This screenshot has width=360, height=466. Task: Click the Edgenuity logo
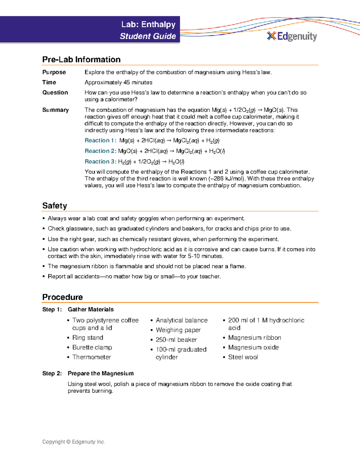tap(292, 36)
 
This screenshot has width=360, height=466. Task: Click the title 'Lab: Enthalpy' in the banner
tap(148, 24)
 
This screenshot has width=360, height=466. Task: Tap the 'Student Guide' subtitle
tap(148, 36)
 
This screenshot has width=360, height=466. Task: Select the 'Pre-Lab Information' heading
tap(81, 59)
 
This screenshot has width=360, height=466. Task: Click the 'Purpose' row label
tap(54, 72)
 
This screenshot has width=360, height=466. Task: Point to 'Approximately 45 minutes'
tap(118, 83)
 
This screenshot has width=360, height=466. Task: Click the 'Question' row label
tap(55, 93)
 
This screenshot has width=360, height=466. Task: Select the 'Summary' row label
tap(55, 110)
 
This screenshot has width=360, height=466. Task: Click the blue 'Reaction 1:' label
tap(100, 140)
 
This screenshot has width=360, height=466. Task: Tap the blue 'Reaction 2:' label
tap(100, 151)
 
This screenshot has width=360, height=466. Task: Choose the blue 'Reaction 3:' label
tap(100, 162)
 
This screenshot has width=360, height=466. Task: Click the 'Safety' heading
tap(55, 206)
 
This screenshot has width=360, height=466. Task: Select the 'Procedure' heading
tap(62, 297)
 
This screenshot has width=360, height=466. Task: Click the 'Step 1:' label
tap(52, 310)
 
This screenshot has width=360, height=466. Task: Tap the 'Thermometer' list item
tap(91, 357)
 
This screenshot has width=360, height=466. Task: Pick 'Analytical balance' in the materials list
tap(181, 320)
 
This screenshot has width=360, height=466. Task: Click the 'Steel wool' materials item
tap(243, 357)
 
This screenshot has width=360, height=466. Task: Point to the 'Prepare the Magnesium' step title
tap(100, 374)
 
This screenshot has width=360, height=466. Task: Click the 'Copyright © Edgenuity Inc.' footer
tap(73, 442)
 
